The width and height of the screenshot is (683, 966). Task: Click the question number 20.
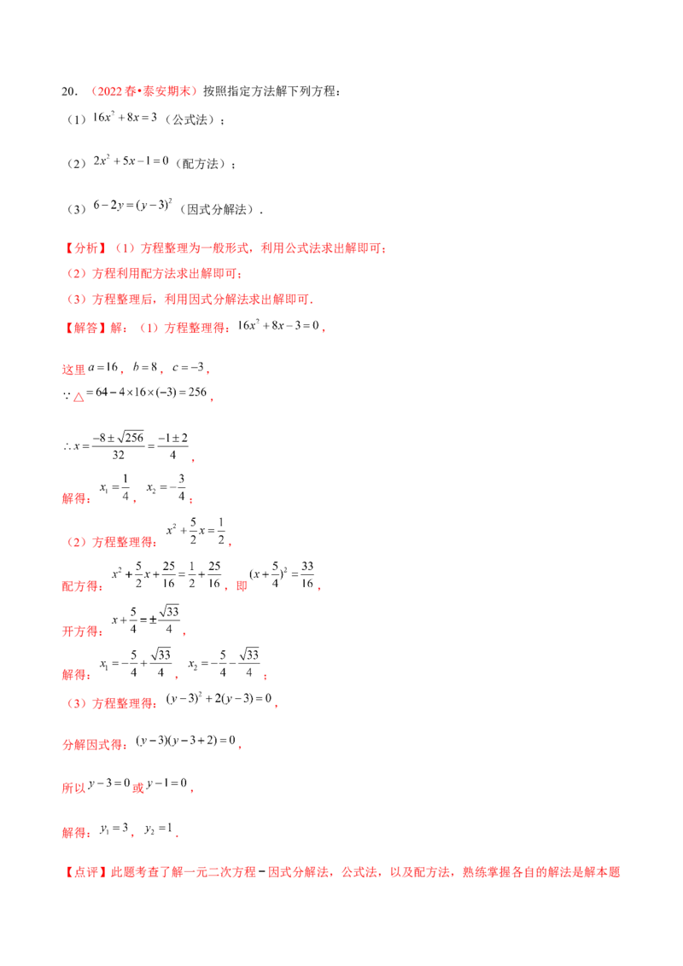pos(69,91)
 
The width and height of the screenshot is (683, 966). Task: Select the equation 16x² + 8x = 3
pos(126,117)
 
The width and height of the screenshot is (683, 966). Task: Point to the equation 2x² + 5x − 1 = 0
pos(131,160)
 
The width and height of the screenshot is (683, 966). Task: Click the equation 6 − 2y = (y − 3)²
pos(132,205)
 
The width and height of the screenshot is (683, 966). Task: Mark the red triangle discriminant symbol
pos(79,398)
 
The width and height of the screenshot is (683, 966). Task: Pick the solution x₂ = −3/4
pos(166,487)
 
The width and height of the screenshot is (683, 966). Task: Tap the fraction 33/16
pos(307,574)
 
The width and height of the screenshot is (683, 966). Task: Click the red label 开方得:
pos(81,631)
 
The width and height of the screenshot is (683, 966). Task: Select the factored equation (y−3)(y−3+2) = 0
pos(185,740)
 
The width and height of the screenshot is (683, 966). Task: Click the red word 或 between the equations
pos(138,788)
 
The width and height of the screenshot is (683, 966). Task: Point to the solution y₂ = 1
pos(159,829)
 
